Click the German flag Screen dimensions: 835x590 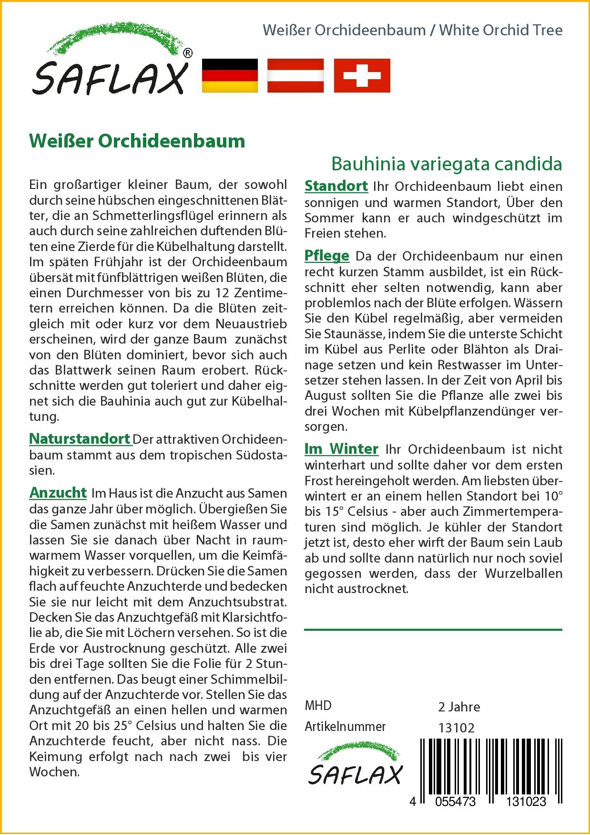(230, 75)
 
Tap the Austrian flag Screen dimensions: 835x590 (295, 75)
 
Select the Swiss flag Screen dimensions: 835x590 (362, 75)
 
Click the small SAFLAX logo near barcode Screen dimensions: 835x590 (355, 768)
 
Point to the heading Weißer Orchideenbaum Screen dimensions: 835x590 (137, 141)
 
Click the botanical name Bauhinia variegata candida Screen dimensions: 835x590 (447, 164)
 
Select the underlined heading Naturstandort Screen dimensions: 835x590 (80, 438)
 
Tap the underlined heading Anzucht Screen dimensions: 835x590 (58, 492)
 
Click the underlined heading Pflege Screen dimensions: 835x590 (327, 256)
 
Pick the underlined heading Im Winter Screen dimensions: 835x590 (341, 449)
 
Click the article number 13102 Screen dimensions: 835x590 (456, 728)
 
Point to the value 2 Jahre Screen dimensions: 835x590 (458, 707)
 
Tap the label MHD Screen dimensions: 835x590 (318, 706)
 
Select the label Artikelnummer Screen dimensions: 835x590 (345, 727)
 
